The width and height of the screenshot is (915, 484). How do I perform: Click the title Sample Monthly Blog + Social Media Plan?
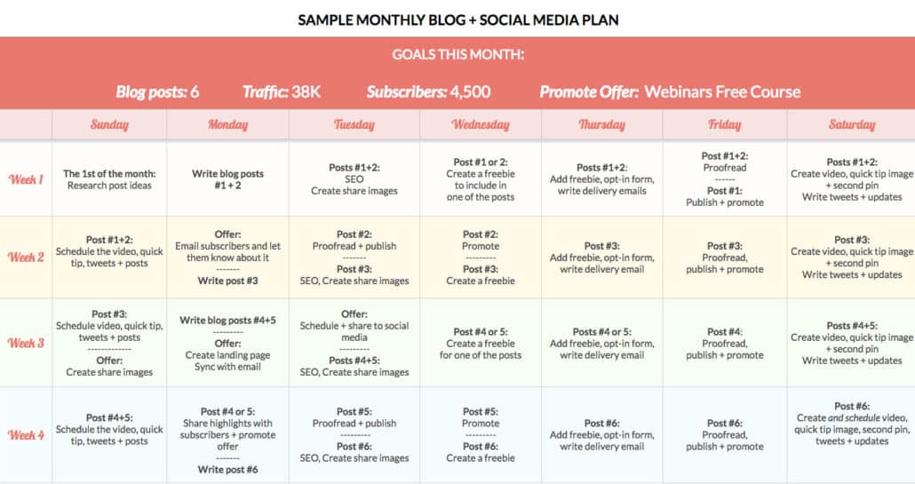[x=457, y=20]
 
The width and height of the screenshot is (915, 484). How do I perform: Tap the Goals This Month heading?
[x=457, y=55]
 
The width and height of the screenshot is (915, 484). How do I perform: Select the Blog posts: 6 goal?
[x=157, y=91]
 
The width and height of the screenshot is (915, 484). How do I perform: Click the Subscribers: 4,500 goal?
[x=428, y=91]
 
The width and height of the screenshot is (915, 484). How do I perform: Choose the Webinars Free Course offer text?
[x=721, y=91]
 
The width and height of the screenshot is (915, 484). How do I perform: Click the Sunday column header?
[x=109, y=124]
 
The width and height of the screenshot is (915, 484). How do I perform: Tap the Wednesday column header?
[x=481, y=124]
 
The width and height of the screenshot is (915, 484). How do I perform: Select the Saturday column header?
[x=851, y=124]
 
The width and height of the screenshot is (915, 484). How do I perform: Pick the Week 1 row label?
[x=26, y=179]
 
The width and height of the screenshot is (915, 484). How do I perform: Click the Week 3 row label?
[x=26, y=343]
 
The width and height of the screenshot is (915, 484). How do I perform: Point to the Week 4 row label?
[x=26, y=435]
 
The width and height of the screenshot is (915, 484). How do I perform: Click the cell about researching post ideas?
[x=109, y=179]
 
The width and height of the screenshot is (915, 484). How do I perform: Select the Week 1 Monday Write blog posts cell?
[x=227, y=179]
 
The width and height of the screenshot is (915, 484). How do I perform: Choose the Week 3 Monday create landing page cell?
[x=227, y=355]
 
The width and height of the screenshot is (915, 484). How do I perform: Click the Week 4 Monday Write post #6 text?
[x=227, y=470]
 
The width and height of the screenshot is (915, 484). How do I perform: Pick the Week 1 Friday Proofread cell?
[x=725, y=179]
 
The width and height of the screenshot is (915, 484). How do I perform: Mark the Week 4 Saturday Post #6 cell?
[x=851, y=424]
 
